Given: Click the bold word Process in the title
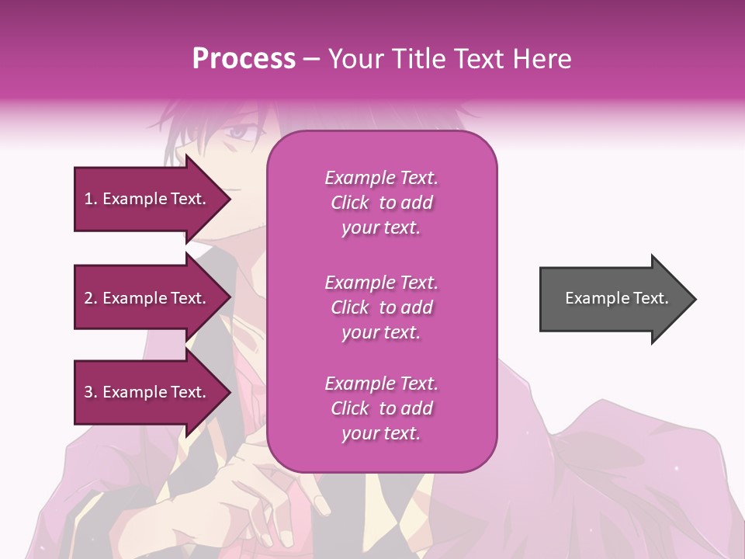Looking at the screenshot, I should (244, 59).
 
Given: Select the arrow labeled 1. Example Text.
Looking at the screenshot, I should (147, 199).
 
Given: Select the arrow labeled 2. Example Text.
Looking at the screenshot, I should (147, 298).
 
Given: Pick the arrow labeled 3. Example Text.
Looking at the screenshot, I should (147, 392).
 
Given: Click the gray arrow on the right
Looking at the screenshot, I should (613, 299).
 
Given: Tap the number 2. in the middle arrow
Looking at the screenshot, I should (91, 298).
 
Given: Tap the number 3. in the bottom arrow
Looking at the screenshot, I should (91, 392).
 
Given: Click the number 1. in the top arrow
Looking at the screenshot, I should (90, 199).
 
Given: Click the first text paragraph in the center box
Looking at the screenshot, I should (381, 203).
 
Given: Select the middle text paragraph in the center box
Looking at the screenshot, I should (381, 307).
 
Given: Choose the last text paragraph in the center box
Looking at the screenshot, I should (381, 408).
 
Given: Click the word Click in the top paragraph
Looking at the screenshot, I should (349, 203).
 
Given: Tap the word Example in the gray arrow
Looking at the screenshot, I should (594, 298).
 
